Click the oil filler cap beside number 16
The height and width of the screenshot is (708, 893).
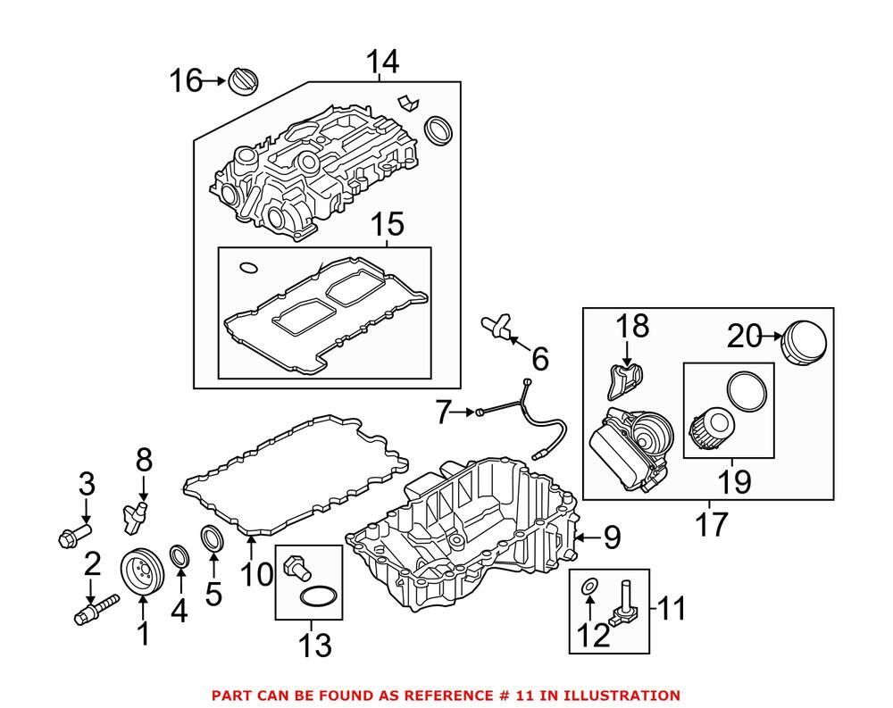pyautogui.click(x=243, y=81)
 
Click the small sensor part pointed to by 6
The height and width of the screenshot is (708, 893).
pyautogui.click(x=499, y=327)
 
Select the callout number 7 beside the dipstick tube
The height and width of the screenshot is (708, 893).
pyautogui.click(x=444, y=412)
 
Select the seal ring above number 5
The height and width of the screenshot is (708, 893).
pyautogui.click(x=213, y=540)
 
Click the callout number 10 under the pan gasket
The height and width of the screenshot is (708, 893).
pyautogui.click(x=255, y=573)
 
